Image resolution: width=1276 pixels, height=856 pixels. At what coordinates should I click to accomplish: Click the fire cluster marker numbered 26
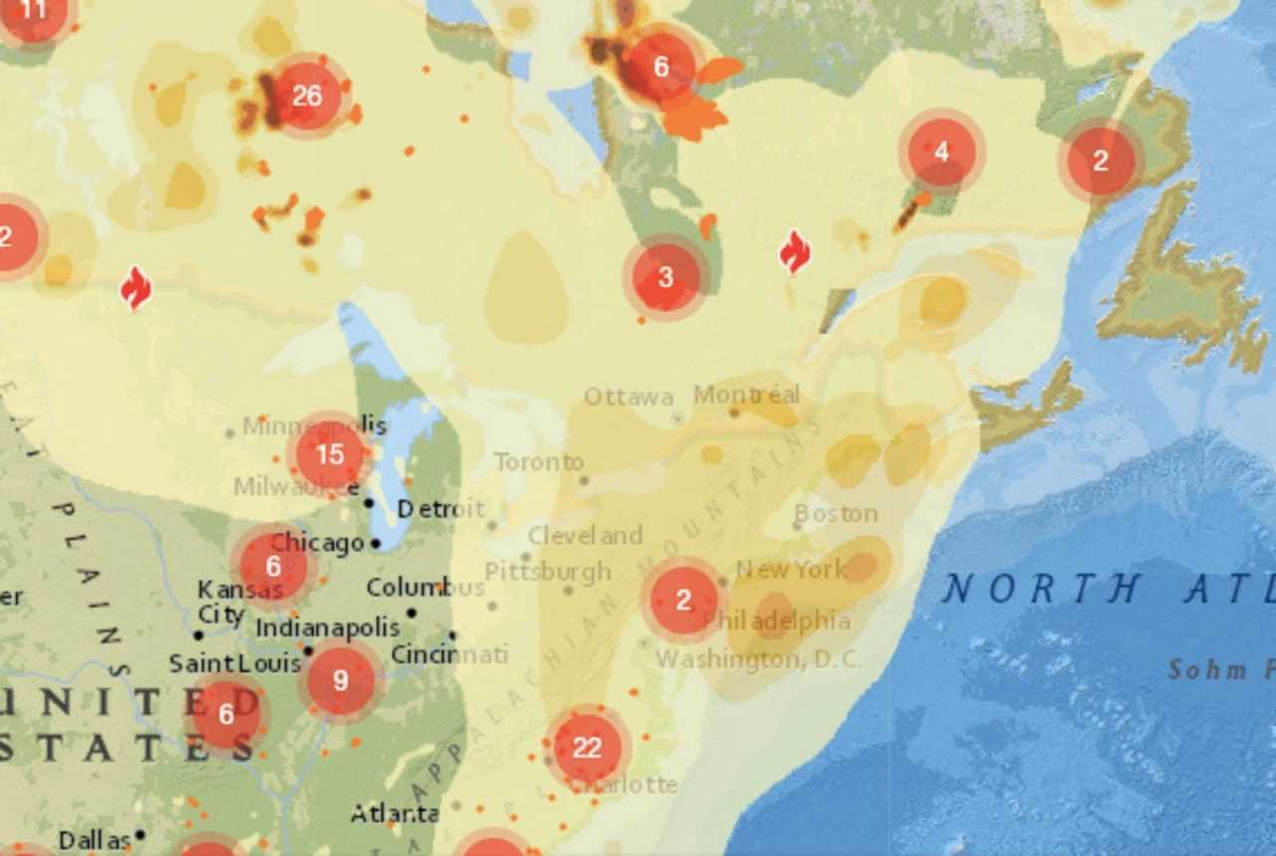(306, 96)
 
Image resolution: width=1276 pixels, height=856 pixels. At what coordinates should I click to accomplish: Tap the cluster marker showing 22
(586, 747)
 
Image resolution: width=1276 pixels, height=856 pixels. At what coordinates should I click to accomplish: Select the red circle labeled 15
(329, 455)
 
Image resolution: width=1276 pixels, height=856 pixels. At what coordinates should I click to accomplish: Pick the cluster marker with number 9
(341, 681)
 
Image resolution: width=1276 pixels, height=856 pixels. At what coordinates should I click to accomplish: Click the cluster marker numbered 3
(665, 277)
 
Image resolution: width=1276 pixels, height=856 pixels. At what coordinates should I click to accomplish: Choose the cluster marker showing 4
(941, 152)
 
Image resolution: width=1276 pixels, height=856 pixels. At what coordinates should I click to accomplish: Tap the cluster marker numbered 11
(34, 12)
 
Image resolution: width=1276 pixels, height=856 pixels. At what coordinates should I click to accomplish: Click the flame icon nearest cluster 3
(795, 251)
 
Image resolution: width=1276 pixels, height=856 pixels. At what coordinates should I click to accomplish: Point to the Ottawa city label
(628, 397)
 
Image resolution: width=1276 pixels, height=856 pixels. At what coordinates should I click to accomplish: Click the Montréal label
(747, 395)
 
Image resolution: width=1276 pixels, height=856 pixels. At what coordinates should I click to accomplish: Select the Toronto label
(538, 462)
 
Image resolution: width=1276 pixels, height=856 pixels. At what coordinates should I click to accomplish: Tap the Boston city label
(835, 514)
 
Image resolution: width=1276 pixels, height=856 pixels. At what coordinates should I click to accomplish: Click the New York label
(791, 570)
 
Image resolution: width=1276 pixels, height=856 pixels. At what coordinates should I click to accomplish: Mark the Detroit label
(441, 509)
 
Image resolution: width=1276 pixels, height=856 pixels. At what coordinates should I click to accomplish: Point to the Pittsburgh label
(547, 572)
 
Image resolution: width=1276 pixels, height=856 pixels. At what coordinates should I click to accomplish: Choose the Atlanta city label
(395, 814)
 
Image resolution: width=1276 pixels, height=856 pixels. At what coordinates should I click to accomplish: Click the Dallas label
(94, 840)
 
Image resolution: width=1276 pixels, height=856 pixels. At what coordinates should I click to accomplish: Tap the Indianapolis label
(327, 628)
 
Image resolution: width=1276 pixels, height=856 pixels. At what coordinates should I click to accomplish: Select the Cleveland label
(585, 536)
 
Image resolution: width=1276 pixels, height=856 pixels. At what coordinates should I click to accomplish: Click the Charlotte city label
(628, 784)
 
